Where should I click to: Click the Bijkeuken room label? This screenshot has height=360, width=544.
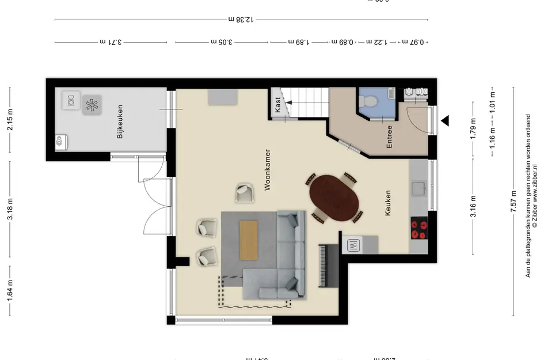[120, 122]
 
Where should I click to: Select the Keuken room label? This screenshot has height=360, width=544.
[388, 203]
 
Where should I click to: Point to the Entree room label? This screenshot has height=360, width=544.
[389, 137]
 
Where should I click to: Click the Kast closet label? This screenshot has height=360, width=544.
[279, 104]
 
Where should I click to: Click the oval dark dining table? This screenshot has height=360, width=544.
[334, 198]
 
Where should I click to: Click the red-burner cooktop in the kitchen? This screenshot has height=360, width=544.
[419, 229]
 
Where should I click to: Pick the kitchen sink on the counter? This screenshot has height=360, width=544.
[419, 187]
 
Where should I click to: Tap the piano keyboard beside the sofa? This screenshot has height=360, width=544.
[323, 264]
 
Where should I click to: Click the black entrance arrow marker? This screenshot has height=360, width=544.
[445, 121]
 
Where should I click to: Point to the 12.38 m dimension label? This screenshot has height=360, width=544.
[241, 19]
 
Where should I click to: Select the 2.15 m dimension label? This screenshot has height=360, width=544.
[10, 120]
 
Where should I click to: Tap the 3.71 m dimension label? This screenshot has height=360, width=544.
[111, 42]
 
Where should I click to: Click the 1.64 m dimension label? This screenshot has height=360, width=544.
[10, 290]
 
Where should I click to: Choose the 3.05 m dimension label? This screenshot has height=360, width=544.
[222, 42]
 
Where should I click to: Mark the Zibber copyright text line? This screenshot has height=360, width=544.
[535, 195]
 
